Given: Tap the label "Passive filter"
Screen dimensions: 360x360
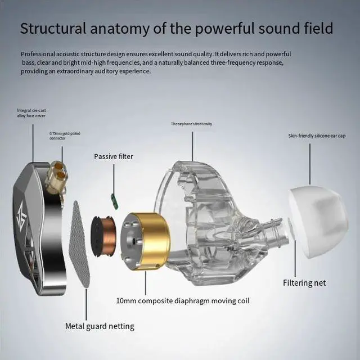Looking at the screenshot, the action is point(114,156).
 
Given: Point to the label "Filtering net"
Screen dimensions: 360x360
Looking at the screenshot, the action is point(304,282).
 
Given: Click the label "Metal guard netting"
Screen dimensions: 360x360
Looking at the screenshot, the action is point(100,326).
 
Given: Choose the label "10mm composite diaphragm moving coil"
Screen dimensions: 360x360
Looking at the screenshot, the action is point(183,300).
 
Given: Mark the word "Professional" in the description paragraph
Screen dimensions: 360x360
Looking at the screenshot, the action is point(39,53).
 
